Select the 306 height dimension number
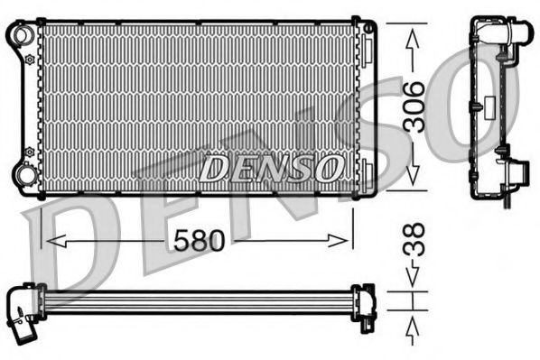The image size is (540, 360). [x=414, y=106]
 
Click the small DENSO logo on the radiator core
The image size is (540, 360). [x=272, y=167]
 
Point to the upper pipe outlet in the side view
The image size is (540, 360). [x=518, y=33]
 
